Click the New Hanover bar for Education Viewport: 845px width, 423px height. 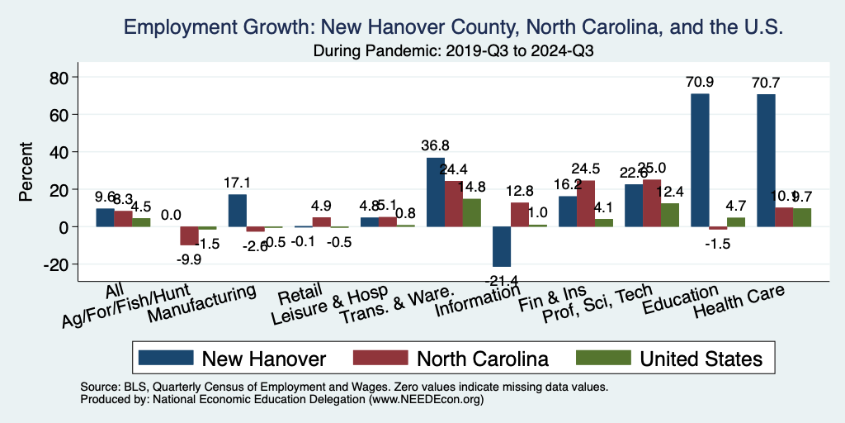[700, 160]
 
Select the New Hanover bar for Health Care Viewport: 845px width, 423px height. [766, 160]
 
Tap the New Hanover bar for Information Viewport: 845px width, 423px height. [502, 246]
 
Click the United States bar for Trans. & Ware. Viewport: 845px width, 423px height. [471, 212]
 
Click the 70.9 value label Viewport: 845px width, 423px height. [700, 82]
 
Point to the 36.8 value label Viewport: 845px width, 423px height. [435, 146]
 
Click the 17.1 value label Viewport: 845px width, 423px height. [238, 183]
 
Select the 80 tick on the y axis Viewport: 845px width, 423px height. [62, 78]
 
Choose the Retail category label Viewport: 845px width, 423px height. [294, 295]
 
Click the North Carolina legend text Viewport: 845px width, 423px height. [483, 359]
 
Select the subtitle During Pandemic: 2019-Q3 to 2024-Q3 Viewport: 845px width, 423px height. [454, 50]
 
